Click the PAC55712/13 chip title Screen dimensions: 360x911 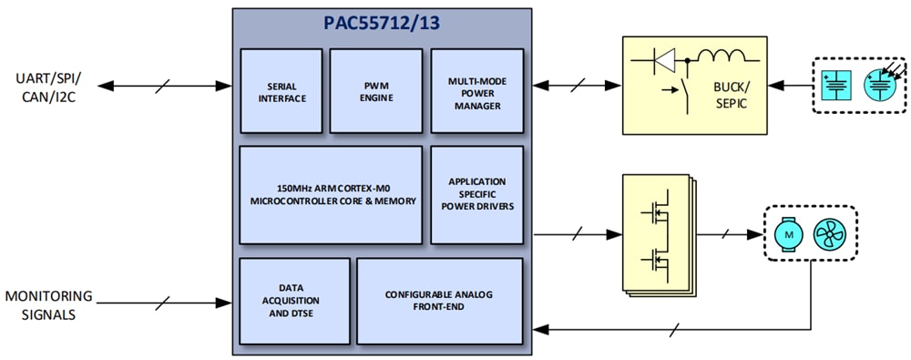click(382, 24)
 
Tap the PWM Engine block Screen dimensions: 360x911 click(376, 91)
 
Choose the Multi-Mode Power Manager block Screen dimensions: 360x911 click(476, 91)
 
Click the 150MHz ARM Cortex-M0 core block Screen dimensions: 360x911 click(331, 194)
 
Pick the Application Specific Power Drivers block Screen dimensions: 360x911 click(476, 194)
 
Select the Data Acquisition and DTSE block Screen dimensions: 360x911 click(294, 301)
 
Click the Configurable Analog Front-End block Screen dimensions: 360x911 click(440, 301)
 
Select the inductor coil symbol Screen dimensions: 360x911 click(726, 60)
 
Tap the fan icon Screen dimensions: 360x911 click(829, 234)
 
